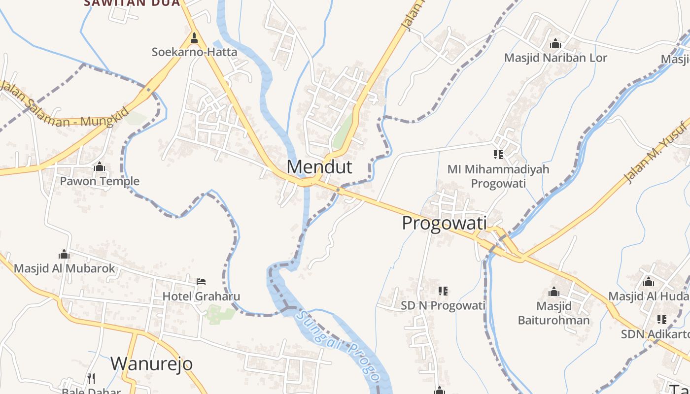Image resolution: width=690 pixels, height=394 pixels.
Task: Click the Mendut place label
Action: tap(319, 167)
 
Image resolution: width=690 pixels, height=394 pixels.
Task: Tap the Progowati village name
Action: tap(444, 223)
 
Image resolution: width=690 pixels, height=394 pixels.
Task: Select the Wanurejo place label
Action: tap(151, 364)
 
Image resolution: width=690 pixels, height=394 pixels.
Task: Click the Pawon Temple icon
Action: tap(100, 167)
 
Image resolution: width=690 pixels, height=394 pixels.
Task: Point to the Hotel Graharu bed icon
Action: tap(201, 282)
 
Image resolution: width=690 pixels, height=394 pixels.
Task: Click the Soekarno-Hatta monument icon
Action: tap(194, 38)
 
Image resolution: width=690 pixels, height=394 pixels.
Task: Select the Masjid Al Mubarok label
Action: tap(64, 268)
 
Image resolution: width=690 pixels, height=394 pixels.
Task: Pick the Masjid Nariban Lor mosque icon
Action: tap(555, 43)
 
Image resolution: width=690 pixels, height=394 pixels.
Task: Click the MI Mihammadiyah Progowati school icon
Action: tap(498, 155)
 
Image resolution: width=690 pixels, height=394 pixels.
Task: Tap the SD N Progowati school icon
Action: tap(443, 291)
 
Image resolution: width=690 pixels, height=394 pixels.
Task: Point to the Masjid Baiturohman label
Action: tap(553, 313)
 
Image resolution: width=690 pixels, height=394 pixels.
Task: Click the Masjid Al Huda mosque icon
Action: tap(649, 282)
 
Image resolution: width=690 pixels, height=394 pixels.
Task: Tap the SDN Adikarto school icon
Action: tap(661, 320)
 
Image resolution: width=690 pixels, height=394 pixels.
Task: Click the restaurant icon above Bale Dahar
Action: tap(91, 378)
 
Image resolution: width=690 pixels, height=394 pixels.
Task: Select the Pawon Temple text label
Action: tap(100, 181)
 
